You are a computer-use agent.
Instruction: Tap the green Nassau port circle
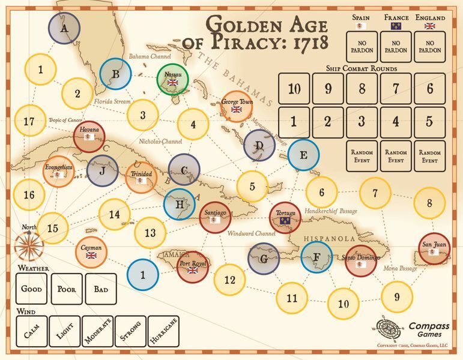[174, 79]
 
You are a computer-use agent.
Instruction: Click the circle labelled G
[264, 259]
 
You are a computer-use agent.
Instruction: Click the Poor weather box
[66, 289]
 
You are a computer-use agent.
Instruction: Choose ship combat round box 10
[294, 89]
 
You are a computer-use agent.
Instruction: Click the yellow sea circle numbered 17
[29, 121]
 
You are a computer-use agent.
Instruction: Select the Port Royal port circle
[193, 266]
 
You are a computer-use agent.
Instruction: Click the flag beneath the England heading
[430, 26]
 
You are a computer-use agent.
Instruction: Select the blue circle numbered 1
[143, 275]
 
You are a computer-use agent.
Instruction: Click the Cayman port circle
[91, 252]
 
